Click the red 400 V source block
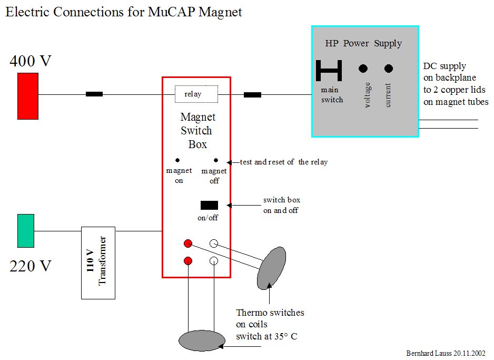tap(28, 95)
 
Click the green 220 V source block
tap(26, 230)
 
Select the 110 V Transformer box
tap(98, 263)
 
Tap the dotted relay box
tap(196, 94)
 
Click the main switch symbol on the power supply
tap(329, 71)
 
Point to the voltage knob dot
tap(363, 69)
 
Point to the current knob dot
tap(389, 69)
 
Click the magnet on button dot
tap(177, 160)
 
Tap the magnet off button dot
tap(216, 160)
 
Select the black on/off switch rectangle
tap(209, 205)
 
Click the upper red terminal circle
tap(187, 244)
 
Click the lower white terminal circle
tap(214, 261)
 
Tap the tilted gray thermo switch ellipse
tap(272, 268)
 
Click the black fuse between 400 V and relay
tap(94, 94)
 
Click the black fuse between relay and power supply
tap(252, 95)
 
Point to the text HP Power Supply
tap(363, 43)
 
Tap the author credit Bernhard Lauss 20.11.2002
tap(446, 353)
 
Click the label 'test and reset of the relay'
tap(283, 162)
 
